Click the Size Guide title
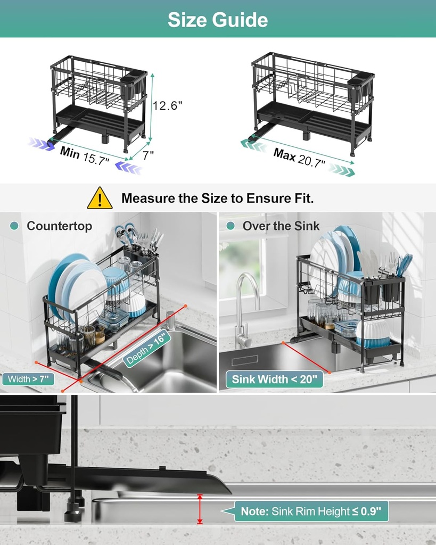pos(218,20)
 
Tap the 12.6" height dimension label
pos(168,105)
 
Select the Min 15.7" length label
pos(85,155)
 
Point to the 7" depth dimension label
pos(148,155)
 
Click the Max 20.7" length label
pos(299,158)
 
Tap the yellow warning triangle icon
pos(100,198)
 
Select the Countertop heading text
pos(60,226)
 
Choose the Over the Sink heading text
pos(281,226)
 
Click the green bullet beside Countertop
pos(14,226)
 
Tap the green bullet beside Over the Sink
pos(231,226)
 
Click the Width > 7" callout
pos(28,379)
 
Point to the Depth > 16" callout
pos(147,348)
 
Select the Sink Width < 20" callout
pos(274,379)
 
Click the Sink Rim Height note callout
pos(311,511)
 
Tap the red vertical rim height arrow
pos(200,509)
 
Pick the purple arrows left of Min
pos(41,144)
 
